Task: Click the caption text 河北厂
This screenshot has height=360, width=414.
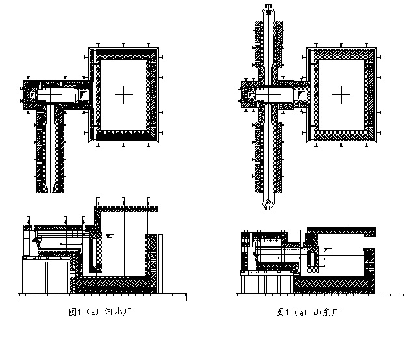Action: point(118,312)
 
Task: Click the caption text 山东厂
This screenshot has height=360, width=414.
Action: point(326,312)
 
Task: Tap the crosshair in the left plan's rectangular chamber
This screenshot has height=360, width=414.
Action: point(123,94)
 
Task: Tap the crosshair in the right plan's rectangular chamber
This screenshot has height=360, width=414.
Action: point(341,94)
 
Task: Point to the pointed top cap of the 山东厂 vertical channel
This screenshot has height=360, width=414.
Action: point(268,12)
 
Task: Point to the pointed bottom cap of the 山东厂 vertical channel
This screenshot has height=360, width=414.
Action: point(268,202)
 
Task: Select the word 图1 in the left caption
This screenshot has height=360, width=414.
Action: point(75,312)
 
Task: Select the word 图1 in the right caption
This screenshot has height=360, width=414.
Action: point(283,312)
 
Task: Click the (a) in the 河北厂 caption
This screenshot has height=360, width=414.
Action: point(92,312)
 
